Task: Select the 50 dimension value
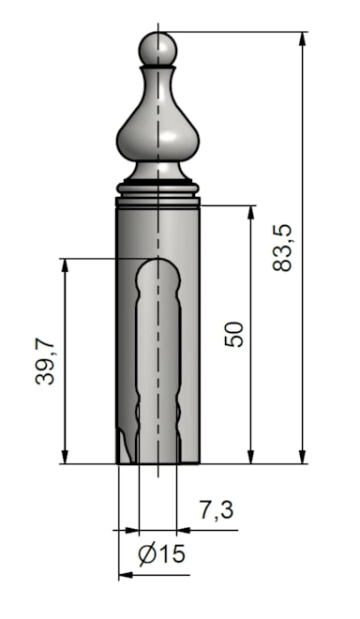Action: [x=233, y=334]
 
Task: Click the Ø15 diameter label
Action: [x=160, y=554]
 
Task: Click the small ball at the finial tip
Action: [x=157, y=48]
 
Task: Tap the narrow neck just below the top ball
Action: [x=157, y=71]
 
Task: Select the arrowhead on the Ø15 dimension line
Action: [x=127, y=574]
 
